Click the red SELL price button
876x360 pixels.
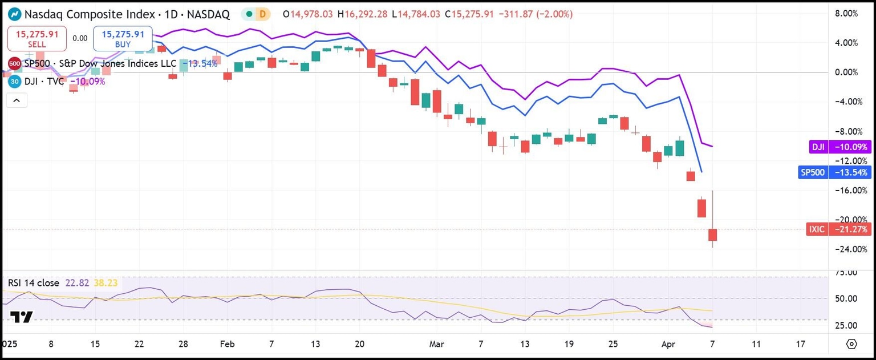click(x=37, y=38)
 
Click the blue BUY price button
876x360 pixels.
click(x=123, y=38)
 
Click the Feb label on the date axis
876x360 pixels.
click(x=227, y=344)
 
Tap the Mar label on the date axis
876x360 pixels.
click(x=437, y=344)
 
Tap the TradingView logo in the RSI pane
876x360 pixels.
click(x=21, y=317)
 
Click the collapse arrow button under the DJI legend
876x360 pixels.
click(x=17, y=101)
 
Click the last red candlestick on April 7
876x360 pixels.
click(x=712, y=234)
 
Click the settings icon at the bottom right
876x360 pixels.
click(x=851, y=344)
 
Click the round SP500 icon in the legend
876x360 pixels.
click(x=14, y=63)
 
